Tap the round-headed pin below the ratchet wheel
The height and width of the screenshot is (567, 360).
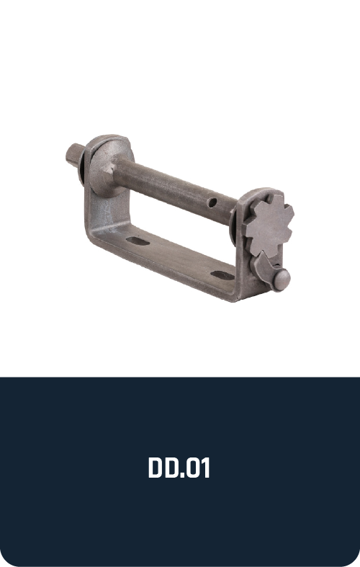click(282, 279)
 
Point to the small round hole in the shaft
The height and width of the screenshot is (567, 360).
click(212, 202)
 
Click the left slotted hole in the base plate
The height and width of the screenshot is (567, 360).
click(138, 241)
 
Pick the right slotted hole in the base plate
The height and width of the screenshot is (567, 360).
click(222, 275)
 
